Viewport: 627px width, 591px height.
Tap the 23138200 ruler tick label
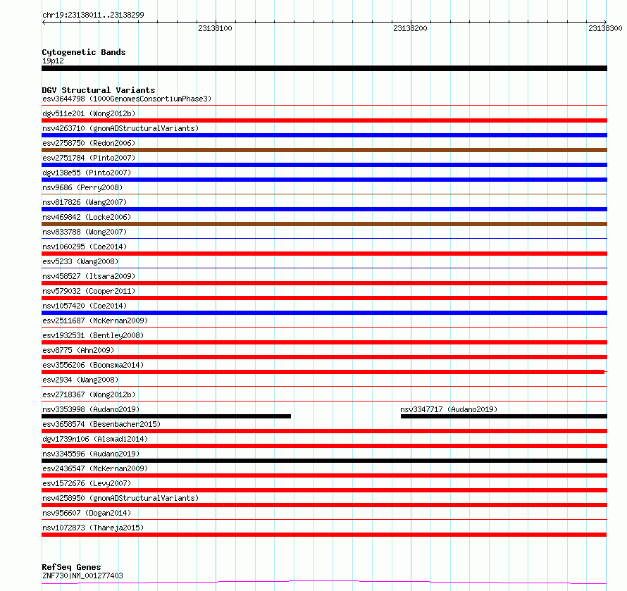coord(410,28)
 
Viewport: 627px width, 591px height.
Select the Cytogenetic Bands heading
coord(84,52)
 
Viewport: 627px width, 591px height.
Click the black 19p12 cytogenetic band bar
coord(324,68)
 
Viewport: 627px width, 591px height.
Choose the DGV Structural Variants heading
coord(99,90)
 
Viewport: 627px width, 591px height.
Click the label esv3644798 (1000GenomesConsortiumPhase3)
coord(127,99)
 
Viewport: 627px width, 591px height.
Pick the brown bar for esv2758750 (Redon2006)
coord(324,150)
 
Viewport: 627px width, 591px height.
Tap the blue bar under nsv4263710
coord(324,135)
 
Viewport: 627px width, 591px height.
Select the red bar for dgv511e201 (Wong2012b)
coord(324,120)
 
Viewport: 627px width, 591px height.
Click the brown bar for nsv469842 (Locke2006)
coord(324,224)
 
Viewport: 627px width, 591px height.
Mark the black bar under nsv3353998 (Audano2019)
coord(166,416)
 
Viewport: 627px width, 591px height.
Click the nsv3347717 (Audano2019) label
coord(449,409)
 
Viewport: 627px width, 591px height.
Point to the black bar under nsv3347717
coord(504,416)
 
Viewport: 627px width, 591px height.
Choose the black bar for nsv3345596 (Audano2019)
coord(324,461)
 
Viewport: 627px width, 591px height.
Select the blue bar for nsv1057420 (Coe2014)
coord(324,313)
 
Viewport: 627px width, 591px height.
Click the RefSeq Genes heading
coord(71,567)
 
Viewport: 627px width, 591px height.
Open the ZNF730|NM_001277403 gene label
coord(82,576)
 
